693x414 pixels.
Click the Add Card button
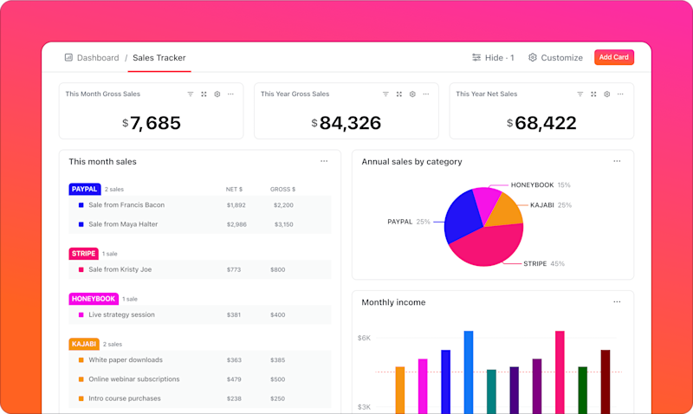point(614,57)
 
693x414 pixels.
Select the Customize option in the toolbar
point(555,58)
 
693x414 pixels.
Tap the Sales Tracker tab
point(159,58)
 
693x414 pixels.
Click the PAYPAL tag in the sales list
point(84,189)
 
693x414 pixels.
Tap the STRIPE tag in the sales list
point(83,254)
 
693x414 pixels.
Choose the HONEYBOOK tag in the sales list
point(94,299)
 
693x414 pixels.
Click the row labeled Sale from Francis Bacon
point(126,205)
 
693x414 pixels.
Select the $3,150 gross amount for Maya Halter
point(283,224)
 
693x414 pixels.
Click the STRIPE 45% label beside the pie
point(544,263)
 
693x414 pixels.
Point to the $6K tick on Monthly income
point(364,338)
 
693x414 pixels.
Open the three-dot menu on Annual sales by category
point(617,161)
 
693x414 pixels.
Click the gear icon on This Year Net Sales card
point(607,94)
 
